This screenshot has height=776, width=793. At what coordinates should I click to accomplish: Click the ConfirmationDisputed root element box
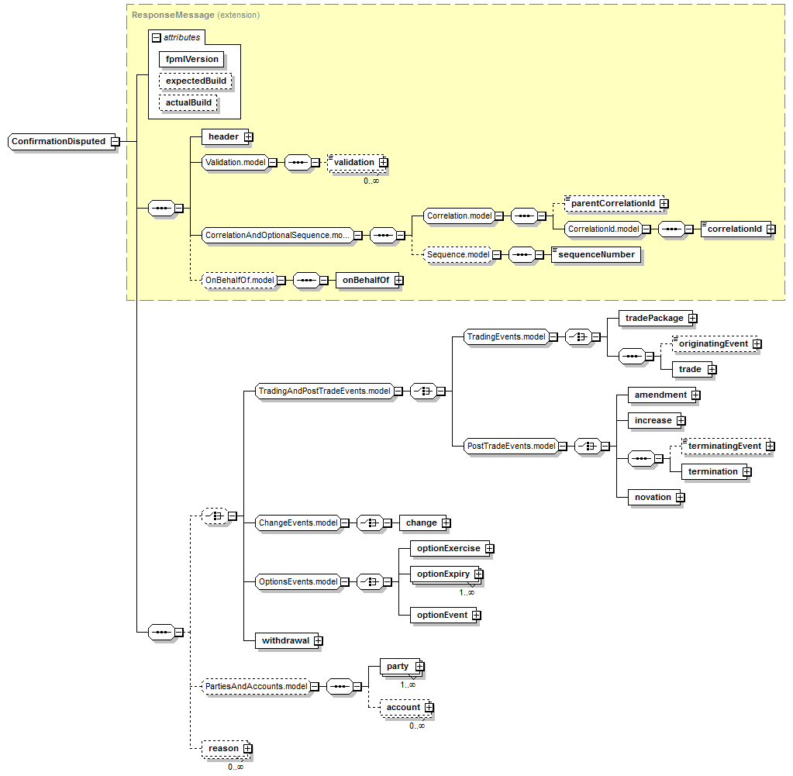pyautogui.click(x=59, y=142)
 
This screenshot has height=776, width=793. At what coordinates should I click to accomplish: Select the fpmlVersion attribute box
pyautogui.click(x=191, y=59)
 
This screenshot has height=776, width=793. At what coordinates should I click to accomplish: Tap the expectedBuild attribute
pyautogui.click(x=196, y=81)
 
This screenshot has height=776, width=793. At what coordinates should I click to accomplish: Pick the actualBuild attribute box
pyautogui.click(x=188, y=102)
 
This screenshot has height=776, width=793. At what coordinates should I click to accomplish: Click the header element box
pyautogui.click(x=223, y=136)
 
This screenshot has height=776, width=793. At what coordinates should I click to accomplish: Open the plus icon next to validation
pyautogui.click(x=383, y=163)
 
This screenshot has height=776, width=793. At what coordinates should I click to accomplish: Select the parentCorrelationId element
pyautogui.click(x=612, y=203)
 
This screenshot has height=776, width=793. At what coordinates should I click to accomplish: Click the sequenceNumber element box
pyautogui.click(x=597, y=254)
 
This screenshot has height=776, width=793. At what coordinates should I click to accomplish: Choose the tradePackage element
pyautogui.click(x=654, y=318)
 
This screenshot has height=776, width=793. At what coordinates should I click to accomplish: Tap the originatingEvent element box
pyautogui.click(x=713, y=343)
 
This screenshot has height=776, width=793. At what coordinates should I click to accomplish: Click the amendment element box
pyautogui.click(x=660, y=395)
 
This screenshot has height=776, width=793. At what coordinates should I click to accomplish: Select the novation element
pyautogui.click(x=653, y=497)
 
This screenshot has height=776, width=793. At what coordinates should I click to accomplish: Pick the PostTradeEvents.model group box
pyautogui.click(x=512, y=446)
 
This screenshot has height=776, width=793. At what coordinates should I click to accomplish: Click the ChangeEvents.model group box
pyautogui.click(x=298, y=523)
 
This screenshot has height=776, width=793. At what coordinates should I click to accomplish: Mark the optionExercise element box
pyautogui.click(x=448, y=548)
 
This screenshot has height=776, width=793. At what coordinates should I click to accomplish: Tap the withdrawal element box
pyautogui.click(x=285, y=640)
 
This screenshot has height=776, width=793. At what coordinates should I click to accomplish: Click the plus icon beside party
pyautogui.click(x=419, y=666)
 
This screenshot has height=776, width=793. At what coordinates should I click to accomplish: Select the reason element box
pyautogui.click(x=224, y=748)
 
